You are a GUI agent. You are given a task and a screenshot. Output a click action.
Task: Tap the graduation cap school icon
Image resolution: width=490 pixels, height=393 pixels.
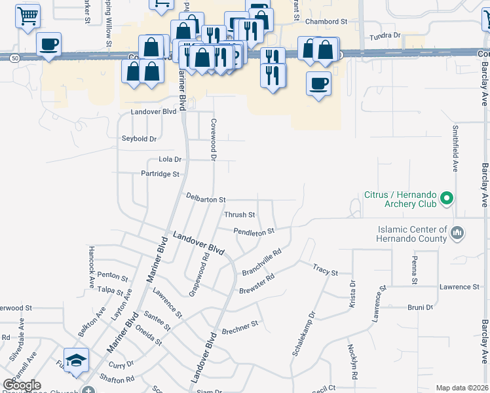point(77,361)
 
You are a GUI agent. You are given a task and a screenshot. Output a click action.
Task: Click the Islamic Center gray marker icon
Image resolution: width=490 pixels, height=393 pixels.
point(457,233)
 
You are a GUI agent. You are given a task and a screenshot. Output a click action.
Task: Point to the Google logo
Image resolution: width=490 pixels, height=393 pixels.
point(22,385)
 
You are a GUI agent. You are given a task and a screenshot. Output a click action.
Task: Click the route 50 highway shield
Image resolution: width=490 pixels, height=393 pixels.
point(14,58)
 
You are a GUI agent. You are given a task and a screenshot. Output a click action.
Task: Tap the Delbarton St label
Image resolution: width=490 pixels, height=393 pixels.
point(205,198)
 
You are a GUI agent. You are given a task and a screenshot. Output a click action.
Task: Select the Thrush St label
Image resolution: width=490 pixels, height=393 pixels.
point(239,215)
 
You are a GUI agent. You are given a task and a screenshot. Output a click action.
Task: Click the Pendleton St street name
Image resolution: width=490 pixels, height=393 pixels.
point(254,231)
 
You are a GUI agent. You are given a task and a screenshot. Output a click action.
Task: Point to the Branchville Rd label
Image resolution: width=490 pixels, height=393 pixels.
point(261,262)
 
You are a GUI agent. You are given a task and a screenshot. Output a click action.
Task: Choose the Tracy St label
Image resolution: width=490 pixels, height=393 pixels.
point(325,269)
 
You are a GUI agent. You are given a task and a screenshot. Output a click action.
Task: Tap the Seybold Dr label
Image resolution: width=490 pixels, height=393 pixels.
point(140,139)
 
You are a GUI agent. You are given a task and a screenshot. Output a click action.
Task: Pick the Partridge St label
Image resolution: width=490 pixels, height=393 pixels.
point(160,174)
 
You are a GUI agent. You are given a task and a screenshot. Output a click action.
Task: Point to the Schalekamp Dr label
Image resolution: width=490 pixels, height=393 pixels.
point(303,334)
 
